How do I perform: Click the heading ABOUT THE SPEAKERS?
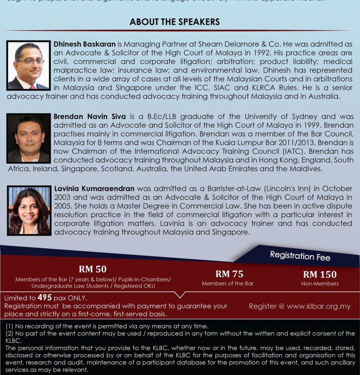click(x=175, y=22)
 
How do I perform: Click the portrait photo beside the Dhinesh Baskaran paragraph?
click(x=28, y=66)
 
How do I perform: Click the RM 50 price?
click(x=93, y=269)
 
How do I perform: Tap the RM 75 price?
click(x=228, y=274)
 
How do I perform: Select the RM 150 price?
click(x=320, y=274)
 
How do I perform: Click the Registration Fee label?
click(x=300, y=256)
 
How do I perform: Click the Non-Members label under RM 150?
click(x=320, y=284)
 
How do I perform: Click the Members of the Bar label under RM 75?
click(x=228, y=283)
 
